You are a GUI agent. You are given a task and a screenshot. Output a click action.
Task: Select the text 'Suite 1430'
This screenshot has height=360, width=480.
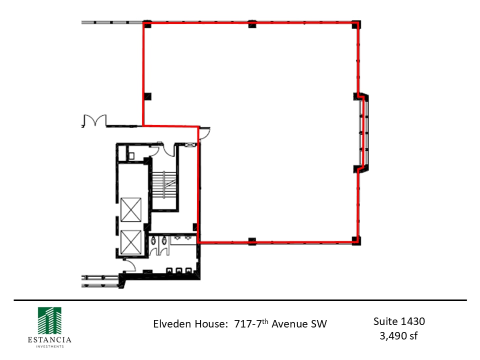[399, 321]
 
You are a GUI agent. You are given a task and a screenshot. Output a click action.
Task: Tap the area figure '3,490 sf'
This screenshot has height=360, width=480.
[399, 335]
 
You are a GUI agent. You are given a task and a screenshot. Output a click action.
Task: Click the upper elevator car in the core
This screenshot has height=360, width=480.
[131, 209]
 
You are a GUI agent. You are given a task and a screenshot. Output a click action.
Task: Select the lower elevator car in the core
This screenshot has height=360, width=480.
[131, 242]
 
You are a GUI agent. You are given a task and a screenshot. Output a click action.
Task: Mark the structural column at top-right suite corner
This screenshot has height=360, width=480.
[355, 24]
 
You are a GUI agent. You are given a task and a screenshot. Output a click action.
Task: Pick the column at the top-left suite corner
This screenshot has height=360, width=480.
[147, 24]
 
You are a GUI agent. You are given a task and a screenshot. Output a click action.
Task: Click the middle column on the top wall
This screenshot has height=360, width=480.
[252, 24]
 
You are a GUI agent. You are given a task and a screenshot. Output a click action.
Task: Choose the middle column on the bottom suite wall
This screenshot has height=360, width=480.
[252, 241]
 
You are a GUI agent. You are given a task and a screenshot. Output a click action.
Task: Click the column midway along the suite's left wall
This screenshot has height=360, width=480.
[147, 96]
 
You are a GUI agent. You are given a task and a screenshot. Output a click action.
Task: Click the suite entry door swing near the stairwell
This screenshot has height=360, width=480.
[205, 133]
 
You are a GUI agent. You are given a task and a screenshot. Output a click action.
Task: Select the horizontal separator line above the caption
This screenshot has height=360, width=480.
[240, 300]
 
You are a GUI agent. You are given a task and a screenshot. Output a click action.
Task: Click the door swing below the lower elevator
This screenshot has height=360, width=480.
[129, 264]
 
